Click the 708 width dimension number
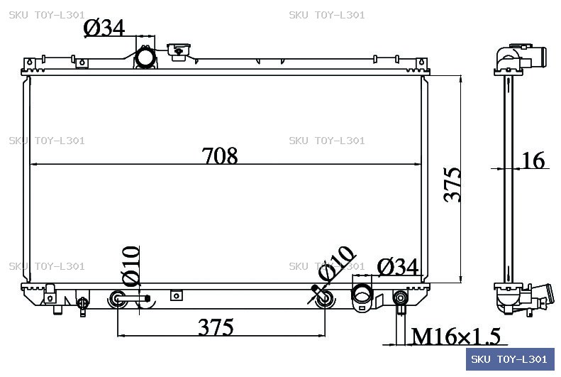point(220,155)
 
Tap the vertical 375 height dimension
point(452,185)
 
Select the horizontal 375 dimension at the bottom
point(216,327)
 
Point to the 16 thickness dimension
point(533,160)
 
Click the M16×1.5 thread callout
point(456,337)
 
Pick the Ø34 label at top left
point(104,28)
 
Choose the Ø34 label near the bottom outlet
point(398,267)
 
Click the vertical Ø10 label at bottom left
point(130,266)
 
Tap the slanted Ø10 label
point(336,263)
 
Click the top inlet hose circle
point(145,58)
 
